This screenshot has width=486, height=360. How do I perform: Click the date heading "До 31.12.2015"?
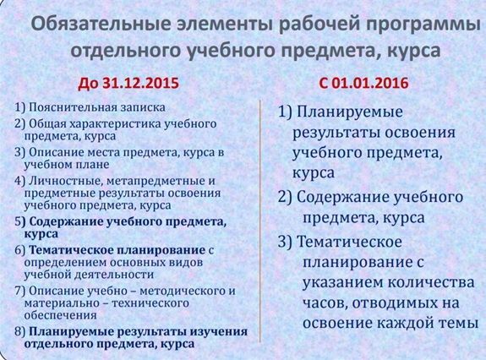[x=128, y=83]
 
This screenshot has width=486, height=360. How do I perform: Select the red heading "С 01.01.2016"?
[x=363, y=83]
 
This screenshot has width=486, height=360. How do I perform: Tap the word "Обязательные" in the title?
[x=101, y=25]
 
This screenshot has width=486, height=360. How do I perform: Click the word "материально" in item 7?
[x=62, y=303]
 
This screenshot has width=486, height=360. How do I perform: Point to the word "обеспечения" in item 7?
[x=61, y=315]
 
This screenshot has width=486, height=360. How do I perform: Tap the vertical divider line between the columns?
[x=259, y=221]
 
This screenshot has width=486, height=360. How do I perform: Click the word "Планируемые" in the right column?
[x=350, y=112]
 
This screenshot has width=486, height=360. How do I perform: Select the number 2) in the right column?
[x=285, y=198]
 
